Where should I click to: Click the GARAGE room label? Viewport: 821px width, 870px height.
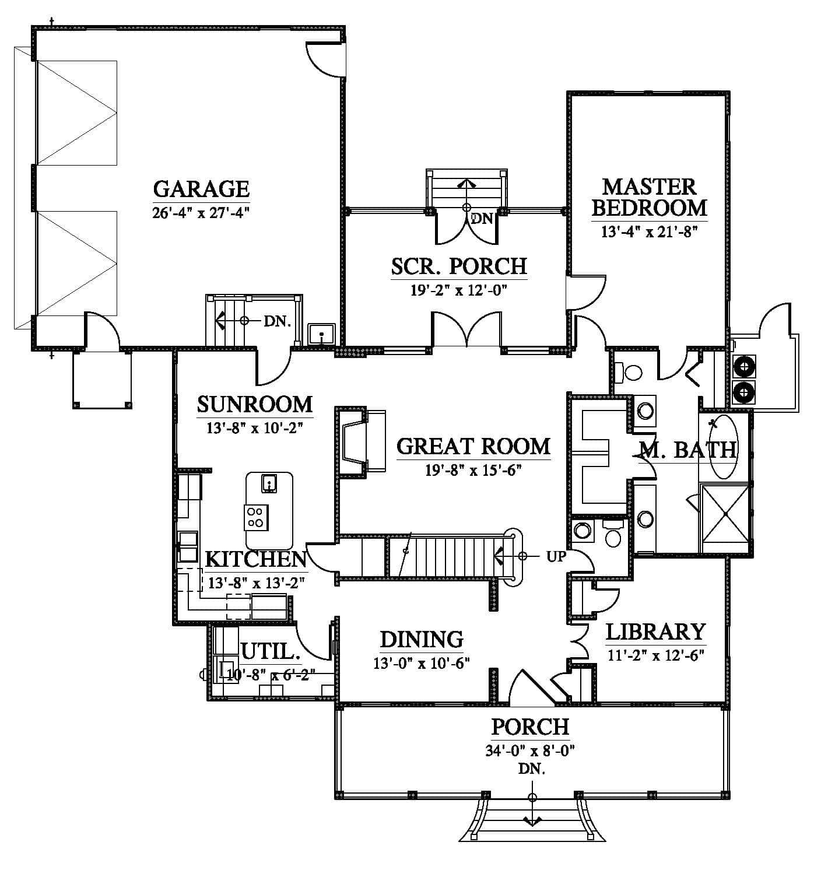click(201, 189)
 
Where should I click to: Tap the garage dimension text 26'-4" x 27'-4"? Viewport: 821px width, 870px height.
click(201, 213)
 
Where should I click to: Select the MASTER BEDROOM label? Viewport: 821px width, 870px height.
click(649, 197)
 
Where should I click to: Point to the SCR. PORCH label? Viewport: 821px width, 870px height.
click(459, 266)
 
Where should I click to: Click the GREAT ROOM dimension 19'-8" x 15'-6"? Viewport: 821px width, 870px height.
click(473, 470)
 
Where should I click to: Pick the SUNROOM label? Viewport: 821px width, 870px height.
click(255, 404)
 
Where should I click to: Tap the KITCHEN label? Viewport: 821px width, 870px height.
click(256, 559)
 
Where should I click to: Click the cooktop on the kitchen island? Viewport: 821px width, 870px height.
click(257, 517)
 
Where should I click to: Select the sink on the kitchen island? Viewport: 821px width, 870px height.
click(269, 483)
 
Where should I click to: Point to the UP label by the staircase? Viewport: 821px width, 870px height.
click(556, 556)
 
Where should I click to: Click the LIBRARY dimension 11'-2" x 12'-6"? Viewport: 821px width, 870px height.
click(656, 655)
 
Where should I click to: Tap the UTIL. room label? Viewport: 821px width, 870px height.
click(271, 651)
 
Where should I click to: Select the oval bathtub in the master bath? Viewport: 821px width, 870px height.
click(723, 447)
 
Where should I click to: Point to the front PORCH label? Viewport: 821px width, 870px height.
click(530, 727)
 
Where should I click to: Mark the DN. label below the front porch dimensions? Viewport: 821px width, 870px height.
click(532, 769)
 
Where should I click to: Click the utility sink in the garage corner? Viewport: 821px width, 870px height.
click(321, 334)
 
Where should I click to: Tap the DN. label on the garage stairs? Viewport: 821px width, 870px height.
click(278, 321)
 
